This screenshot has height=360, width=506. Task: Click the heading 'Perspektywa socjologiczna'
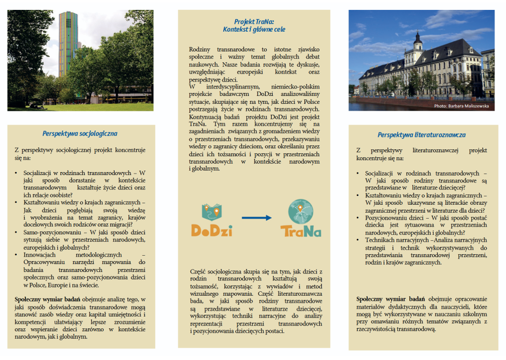pyautogui.click(x=80, y=134)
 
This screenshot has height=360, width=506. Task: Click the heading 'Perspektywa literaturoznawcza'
pyautogui.click(x=421, y=135)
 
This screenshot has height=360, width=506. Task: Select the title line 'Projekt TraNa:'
pyautogui.click(x=253, y=22)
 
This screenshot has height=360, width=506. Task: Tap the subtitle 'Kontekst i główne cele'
pyautogui.click(x=253, y=30)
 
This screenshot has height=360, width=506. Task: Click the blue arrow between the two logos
pyautogui.click(x=256, y=218)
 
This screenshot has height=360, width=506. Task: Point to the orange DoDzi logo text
pyautogui.click(x=211, y=230)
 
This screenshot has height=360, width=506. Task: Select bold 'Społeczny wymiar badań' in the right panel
pyautogui.click(x=390, y=299)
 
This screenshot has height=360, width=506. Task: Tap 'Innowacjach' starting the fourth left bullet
pyautogui.click(x=39, y=255)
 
